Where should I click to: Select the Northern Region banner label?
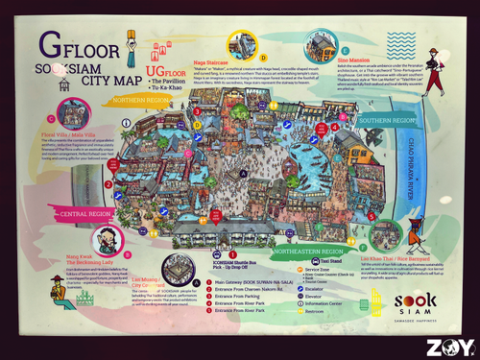140,99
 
